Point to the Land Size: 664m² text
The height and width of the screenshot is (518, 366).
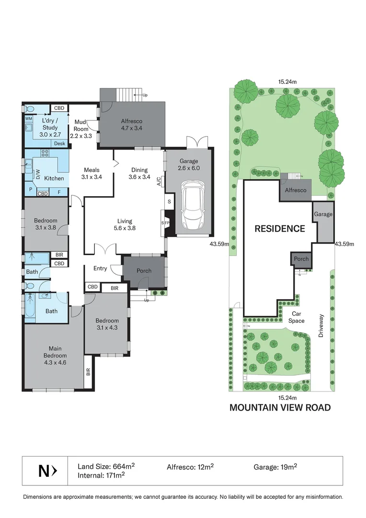point(106,466)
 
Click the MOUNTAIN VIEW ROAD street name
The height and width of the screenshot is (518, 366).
point(280,408)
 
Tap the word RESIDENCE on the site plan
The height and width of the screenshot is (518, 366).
point(280,229)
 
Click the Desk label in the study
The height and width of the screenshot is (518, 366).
point(59,143)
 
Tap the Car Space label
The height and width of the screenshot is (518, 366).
point(296,317)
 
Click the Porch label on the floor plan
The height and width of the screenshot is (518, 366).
point(144,271)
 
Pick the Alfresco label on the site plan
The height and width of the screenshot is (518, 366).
point(296,190)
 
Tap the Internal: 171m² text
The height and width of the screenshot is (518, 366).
point(101,475)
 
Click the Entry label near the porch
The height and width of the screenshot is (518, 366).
point(100,269)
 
